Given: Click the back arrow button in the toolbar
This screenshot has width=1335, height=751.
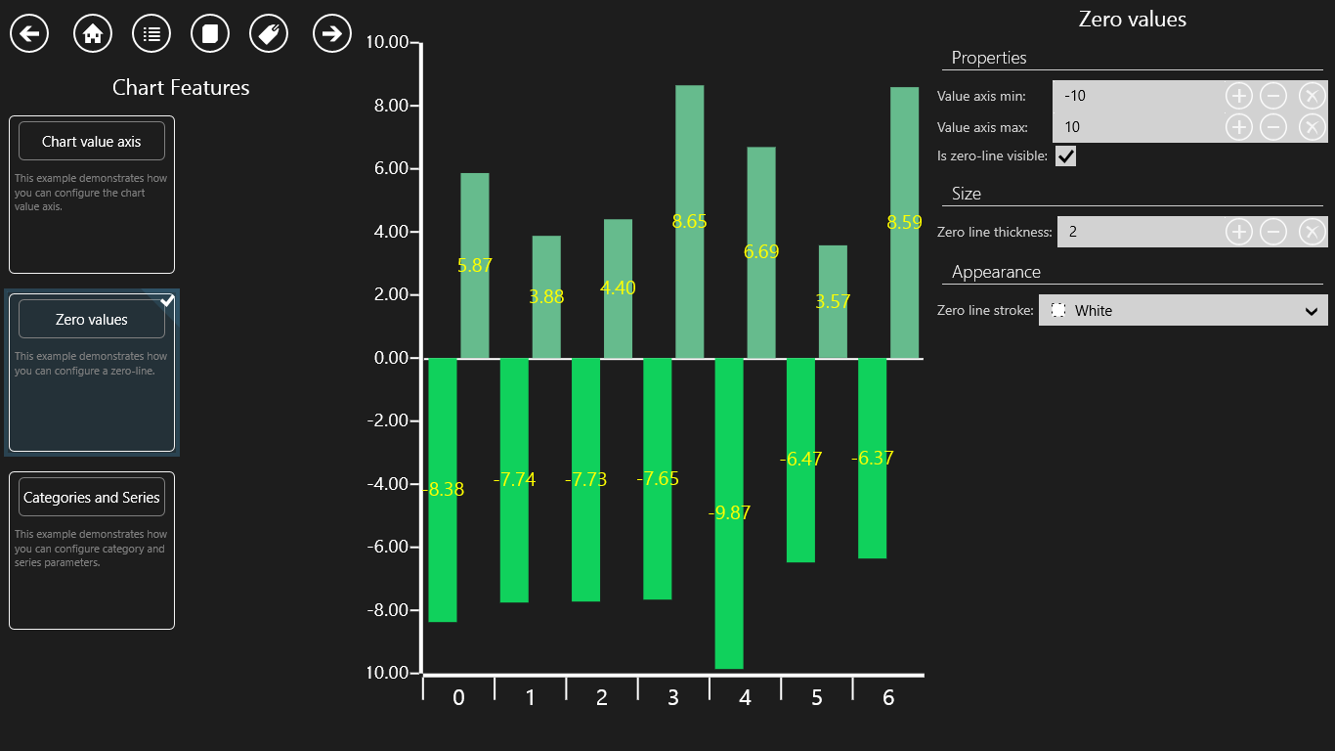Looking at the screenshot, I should pos(29,34).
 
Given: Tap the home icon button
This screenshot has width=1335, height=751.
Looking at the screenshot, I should pos(93,34).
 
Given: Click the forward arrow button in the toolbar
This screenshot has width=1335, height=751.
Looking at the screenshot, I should pos(332,34).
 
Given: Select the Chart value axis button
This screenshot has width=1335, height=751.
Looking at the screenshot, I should pos(92,142).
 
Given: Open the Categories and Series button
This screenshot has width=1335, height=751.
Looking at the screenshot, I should pos(92,498).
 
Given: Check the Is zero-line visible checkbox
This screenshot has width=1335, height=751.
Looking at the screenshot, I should pos(1065,155).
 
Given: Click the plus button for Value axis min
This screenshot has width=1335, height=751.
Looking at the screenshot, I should pos(1238,96).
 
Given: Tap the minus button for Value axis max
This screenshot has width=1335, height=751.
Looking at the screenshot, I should pos(1272,127).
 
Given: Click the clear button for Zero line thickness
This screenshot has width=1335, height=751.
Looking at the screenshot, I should pos(1312,232).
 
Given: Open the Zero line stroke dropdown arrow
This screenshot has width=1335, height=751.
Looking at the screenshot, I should pos(1312,311).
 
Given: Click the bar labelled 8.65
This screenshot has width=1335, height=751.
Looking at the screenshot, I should pos(689,156).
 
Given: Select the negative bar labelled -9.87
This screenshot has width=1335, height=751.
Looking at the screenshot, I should pos(730,587).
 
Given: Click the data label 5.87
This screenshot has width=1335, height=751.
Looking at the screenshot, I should pos(475,265).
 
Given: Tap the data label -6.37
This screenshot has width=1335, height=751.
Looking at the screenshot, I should pos(873,458).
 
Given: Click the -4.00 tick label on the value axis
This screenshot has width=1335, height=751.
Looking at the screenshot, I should pos(386,484).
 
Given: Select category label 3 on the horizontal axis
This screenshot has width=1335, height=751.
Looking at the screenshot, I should pos(673,697).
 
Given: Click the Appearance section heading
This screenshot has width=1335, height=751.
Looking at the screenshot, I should pos(996,272).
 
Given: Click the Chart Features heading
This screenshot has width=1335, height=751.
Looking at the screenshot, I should pos(181,88).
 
